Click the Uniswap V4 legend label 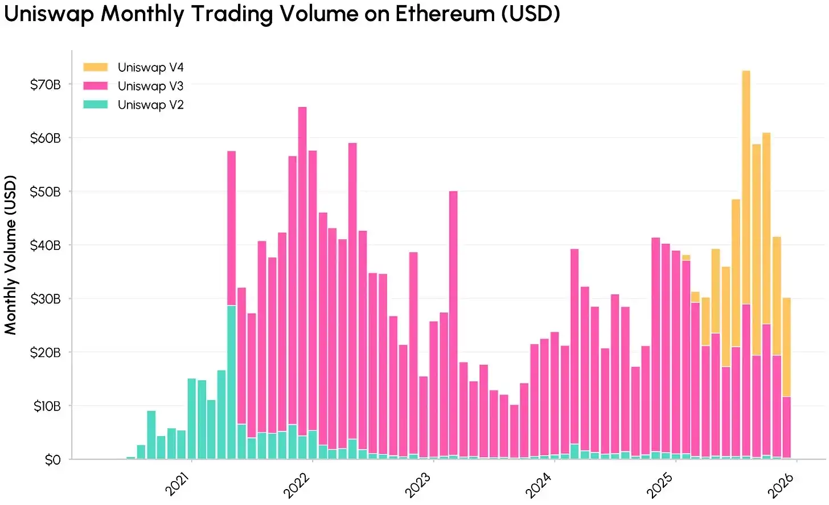[150, 67]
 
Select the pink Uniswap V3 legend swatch [95, 86]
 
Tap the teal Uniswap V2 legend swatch [95, 105]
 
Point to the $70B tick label [46, 85]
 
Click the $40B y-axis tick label [46, 245]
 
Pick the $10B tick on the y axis [47, 407]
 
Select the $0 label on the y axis [52, 460]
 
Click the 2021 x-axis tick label [178, 484]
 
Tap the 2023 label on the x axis [418, 484]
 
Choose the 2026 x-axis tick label [781, 484]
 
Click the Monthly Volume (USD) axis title [11, 254]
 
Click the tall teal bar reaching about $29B [231, 381]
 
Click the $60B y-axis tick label [46, 138]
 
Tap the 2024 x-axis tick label [539, 484]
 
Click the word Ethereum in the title [445, 14]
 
